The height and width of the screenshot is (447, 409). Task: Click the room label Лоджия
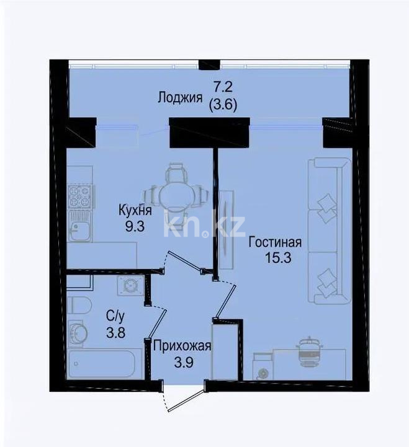tap(180, 97)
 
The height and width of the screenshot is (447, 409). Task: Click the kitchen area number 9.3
tap(134, 226)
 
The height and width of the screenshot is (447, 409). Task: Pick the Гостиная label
tap(275, 242)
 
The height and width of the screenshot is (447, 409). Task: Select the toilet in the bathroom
tap(79, 306)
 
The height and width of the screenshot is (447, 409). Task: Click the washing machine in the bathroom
tap(131, 286)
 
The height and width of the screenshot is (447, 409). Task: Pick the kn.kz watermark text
tap(204, 226)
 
